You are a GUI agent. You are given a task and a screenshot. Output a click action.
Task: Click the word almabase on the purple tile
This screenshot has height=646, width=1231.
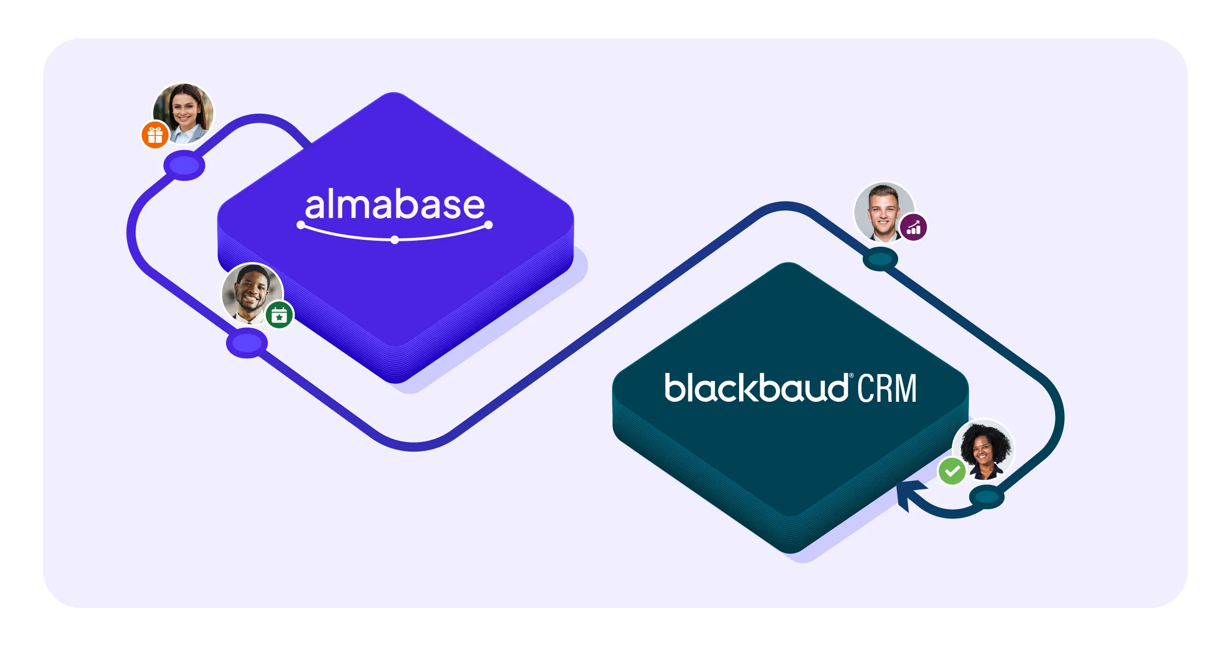click(x=394, y=204)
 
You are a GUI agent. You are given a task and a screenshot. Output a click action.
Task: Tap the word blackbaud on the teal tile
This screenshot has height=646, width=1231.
click(x=755, y=388)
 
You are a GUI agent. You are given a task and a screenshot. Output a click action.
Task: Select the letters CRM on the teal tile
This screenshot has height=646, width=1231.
click(x=887, y=388)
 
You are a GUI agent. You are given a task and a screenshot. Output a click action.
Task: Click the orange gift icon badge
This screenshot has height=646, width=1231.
click(x=155, y=134)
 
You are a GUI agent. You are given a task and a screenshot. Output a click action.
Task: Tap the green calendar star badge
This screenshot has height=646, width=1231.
click(x=279, y=315)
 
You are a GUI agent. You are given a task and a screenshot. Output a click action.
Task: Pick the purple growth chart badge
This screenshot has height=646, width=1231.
click(x=913, y=227)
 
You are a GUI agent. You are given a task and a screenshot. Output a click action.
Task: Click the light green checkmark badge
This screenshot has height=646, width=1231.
click(x=952, y=471)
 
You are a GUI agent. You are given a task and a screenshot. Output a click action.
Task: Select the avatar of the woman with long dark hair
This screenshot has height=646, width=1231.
click(x=184, y=112)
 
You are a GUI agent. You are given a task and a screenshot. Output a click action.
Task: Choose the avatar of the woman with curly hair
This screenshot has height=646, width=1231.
click(x=984, y=450)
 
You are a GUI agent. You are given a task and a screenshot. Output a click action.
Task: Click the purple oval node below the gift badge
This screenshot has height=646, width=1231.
click(x=184, y=165)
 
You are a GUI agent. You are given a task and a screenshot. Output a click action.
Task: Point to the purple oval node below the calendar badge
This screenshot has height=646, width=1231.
click(x=247, y=343)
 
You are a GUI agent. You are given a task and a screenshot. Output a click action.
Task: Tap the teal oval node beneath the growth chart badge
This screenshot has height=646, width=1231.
click(x=880, y=259)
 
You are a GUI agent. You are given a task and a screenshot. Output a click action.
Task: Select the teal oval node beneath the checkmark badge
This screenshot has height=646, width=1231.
click(x=986, y=497)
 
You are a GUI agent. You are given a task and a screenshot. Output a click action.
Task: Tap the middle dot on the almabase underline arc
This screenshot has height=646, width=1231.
click(x=394, y=240)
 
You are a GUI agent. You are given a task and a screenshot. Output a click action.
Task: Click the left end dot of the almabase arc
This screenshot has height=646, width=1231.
click(x=301, y=225)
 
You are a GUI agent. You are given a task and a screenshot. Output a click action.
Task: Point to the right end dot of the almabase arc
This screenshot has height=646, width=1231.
click(x=488, y=225)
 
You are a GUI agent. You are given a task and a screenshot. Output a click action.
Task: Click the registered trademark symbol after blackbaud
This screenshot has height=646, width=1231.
click(x=851, y=376)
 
